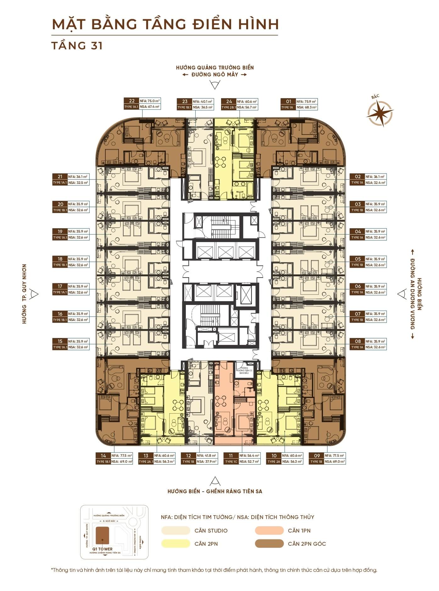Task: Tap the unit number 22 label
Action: click(132, 101)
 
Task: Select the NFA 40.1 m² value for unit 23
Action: click(203, 101)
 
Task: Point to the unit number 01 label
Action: click(288, 101)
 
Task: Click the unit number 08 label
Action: click(358, 341)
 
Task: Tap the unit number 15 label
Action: click(60, 341)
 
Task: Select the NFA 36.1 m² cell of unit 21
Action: click(78, 177)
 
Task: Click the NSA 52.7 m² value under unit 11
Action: click(249, 461)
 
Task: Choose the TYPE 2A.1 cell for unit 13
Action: click(146, 461)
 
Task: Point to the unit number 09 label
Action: click(317, 456)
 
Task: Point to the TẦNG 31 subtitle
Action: click(77, 46)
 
